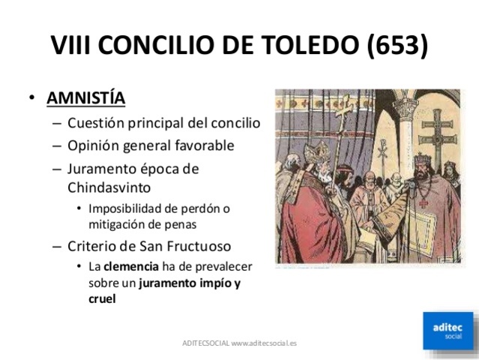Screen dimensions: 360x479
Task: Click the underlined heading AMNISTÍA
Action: [x=86, y=98]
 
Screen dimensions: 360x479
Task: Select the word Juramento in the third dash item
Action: [x=100, y=168]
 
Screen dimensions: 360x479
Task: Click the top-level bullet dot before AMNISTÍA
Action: [x=31, y=98]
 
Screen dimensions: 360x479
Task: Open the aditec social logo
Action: [x=448, y=328]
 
